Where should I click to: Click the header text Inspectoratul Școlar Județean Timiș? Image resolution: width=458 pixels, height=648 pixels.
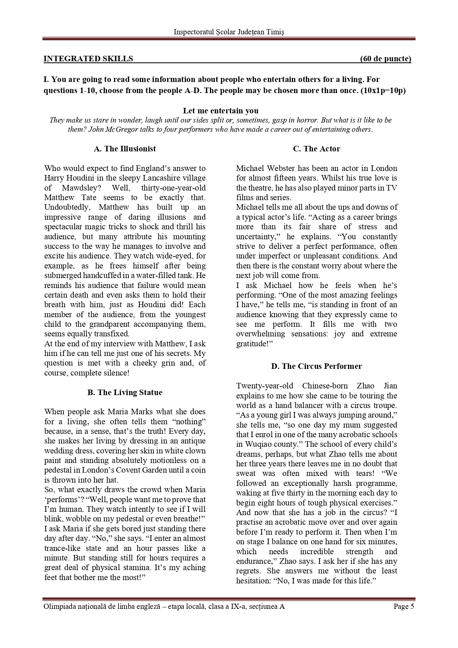coord(229,32)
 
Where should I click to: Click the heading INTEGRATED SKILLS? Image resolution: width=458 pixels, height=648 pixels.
coord(88,59)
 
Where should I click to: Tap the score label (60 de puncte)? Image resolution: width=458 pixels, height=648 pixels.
coord(386,59)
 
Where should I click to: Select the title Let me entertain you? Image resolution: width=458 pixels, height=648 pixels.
coord(221,111)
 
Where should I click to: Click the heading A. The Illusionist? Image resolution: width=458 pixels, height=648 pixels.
coord(125,149)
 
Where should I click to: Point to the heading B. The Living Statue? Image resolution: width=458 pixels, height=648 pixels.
coord(125,392)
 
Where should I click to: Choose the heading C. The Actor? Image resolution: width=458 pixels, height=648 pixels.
coord(316,149)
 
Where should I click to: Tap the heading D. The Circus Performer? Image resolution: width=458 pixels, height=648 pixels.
coord(316,366)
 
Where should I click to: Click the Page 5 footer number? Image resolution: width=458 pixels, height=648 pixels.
coord(404,606)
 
